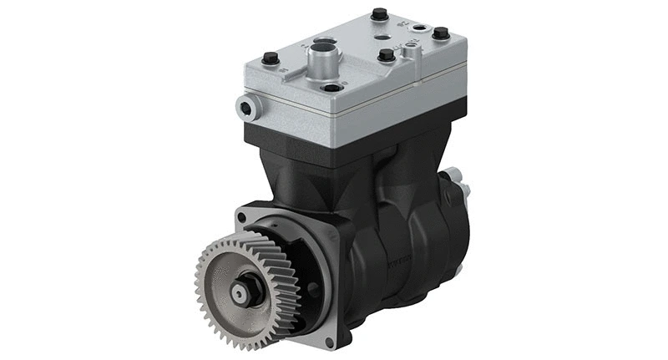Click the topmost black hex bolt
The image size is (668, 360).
point(379,14)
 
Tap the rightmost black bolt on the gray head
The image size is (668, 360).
point(440,33)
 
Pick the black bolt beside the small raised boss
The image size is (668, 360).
point(386,55)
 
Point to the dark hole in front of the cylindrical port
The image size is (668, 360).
point(333,87)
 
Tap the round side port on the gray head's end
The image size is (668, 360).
point(245,106)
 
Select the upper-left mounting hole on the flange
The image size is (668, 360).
point(242,217)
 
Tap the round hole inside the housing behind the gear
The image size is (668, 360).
point(312,287)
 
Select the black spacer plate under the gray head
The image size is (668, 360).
point(351,125)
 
